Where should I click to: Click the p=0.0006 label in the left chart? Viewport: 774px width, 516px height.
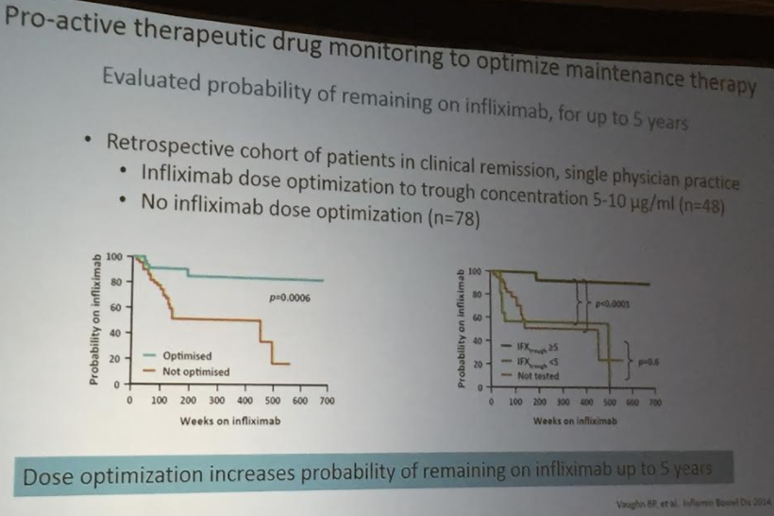290,299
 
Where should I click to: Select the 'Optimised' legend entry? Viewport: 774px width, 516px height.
187,356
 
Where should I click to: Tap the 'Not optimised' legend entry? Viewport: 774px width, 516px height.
195,371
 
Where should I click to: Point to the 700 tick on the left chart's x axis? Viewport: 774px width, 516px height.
327,401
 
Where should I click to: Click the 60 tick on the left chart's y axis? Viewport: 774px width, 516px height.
113,308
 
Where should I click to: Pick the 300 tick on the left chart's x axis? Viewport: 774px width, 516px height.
215,401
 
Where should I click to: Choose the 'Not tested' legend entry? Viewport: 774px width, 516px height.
538,375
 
